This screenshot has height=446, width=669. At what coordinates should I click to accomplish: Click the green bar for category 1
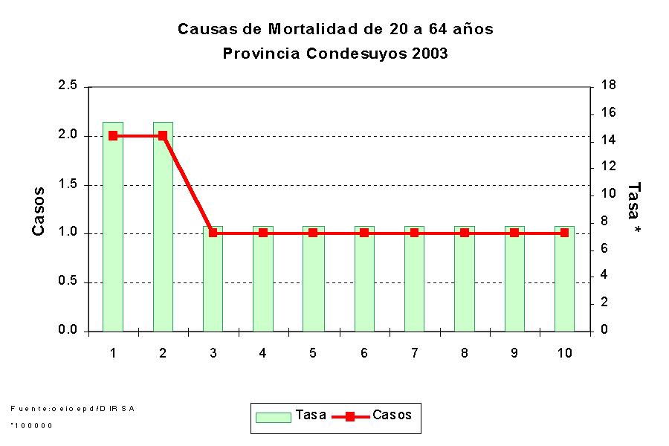point(113,227)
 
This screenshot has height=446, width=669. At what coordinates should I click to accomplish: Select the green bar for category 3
point(213,279)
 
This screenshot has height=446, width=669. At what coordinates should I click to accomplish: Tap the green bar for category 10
point(564,279)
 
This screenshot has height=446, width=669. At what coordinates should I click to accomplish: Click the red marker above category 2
point(163,136)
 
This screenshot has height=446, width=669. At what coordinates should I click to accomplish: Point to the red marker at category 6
point(364,233)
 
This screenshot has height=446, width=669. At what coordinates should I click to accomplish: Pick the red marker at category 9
point(514,233)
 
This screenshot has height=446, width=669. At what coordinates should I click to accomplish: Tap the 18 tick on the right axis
point(607,86)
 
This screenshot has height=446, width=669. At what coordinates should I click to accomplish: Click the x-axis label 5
point(313,353)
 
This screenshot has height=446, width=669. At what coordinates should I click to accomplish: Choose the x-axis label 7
point(414,353)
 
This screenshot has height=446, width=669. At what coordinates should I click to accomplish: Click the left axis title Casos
point(39,211)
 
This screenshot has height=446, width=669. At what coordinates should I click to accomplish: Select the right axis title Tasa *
point(634,209)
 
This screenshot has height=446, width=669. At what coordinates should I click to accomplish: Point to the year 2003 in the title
point(430,54)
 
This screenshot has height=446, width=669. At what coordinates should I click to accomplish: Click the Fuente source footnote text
point(72,408)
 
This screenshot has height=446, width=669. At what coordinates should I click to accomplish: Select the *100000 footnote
point(32,425)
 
